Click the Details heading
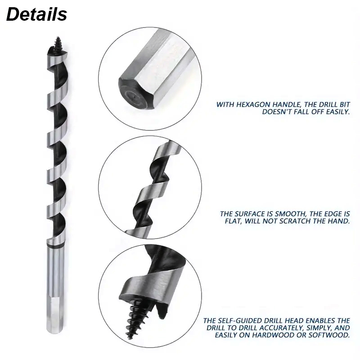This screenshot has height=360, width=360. coord(37,14)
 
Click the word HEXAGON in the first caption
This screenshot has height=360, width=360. coord(253,105)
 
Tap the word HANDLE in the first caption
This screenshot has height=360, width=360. coord(287,105)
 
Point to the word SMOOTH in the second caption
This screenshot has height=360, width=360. coord(290,214)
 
